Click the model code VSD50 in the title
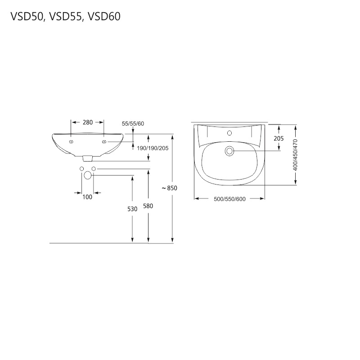click(x=27, y=17)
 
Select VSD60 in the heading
click(x=104, y=17)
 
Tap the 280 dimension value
click(x=88, y=122)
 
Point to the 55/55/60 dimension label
click(x=133, y=123)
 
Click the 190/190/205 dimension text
click(x=153, y=148)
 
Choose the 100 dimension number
click(x=87, y=197)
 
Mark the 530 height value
click(x=132, y=209)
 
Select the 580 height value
click(x=148, y=206)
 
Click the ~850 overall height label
click(x=170, y=188)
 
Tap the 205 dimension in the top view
click(x=279, y=139)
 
